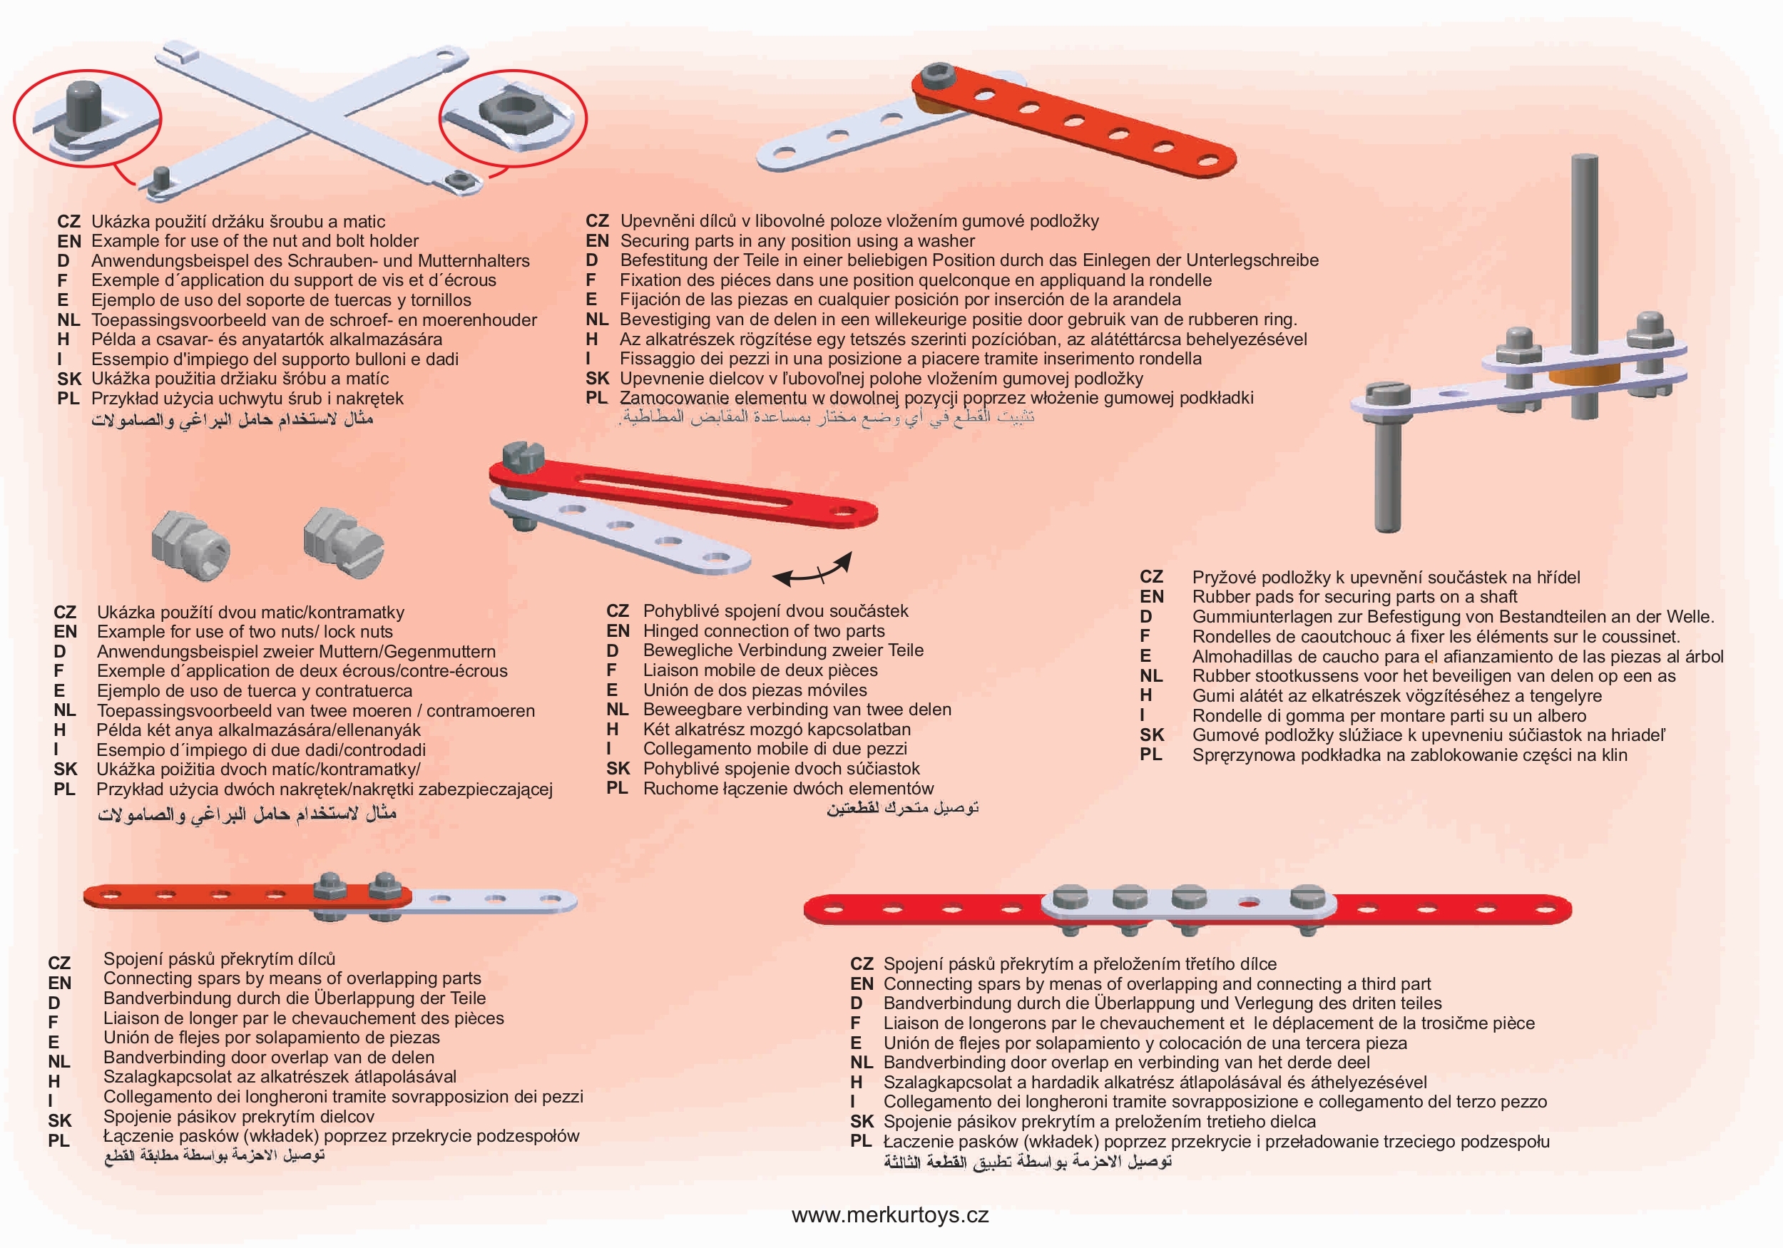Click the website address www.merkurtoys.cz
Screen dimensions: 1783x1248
tap(890, 1215)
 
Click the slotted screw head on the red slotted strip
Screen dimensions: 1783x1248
tap(519, 455)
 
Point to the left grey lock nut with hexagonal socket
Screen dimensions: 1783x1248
tap(191, 544)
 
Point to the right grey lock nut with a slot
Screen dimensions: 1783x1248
tap(343, 541)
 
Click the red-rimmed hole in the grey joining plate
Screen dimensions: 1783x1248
tap(1250, 903)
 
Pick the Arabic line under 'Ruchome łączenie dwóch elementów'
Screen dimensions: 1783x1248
tap(902, 809)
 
